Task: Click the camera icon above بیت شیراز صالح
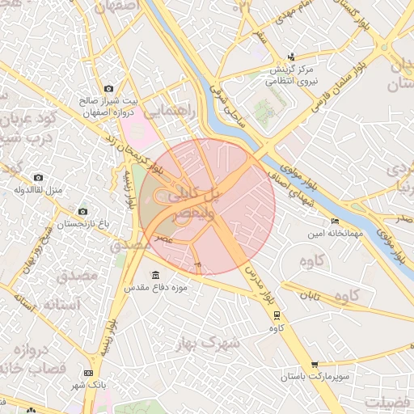(109, 88)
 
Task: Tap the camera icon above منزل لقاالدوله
(38, 177)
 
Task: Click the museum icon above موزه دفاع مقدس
(155, 275)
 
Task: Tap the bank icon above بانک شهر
(89, 373)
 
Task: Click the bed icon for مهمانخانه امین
(336, 221)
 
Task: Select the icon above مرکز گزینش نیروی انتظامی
(291, 57)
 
